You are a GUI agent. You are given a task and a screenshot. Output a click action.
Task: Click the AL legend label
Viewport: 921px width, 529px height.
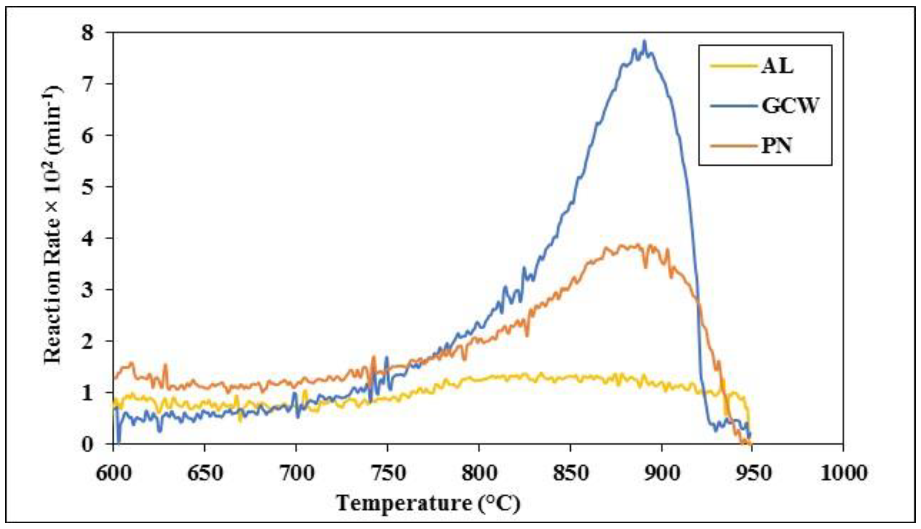[x=777, y=67]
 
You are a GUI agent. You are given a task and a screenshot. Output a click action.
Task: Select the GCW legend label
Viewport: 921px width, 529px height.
[x=790, y=106]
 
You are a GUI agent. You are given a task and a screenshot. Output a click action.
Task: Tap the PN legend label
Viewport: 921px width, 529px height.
[x=777, y=146]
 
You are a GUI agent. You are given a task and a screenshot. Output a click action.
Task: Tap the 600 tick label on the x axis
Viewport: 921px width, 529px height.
[x=113, y=473]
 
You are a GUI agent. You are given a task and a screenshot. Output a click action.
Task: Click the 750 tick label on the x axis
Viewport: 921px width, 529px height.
[x=387, y=473]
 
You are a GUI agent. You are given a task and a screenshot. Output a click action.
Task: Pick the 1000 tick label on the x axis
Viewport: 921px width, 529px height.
[x=842, y=473]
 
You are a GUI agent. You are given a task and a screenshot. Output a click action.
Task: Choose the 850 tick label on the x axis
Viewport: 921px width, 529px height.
[x=570, y=473]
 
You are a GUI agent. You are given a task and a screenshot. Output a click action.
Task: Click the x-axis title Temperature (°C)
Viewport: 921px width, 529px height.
[x=428, y=503]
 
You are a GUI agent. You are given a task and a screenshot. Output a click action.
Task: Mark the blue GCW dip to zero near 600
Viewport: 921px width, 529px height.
[x=118, y=442]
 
